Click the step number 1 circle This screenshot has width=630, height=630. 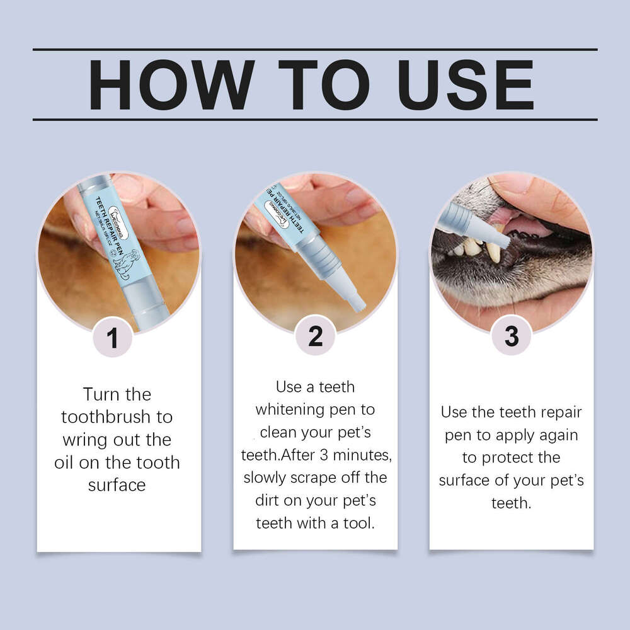tap(113, 338)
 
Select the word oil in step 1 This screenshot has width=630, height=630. tap(66, 462)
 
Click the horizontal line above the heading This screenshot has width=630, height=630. tap(315, 49)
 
